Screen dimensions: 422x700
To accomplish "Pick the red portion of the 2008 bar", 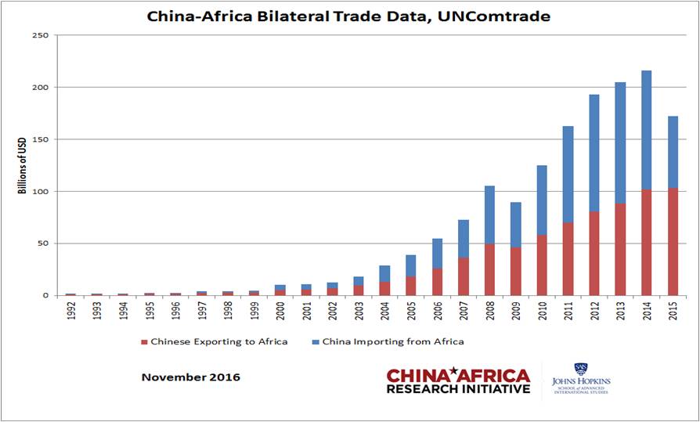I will point(489,269).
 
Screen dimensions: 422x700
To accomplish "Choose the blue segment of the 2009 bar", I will point(515,225).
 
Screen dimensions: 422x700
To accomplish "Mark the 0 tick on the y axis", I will point(46,296).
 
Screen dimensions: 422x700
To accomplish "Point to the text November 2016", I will point(190,377).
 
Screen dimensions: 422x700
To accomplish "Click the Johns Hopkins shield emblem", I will point(580,369).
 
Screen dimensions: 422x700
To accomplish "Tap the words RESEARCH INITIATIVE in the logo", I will point(458,389).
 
